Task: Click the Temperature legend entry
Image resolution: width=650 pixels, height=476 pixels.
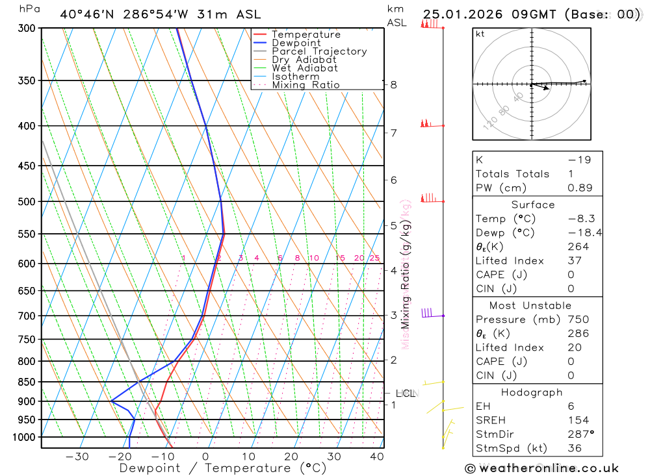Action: [x=305, y=34]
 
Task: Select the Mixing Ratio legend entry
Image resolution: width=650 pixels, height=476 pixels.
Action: [x=305, y=85]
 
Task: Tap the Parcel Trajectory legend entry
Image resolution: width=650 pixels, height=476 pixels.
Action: [x=319, y=51]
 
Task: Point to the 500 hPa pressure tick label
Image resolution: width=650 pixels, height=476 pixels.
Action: [x=27, y=202]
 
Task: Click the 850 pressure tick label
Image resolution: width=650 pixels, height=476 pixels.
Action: [x=27, y=382]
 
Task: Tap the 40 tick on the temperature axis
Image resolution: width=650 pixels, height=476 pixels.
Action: [x=375, y=457]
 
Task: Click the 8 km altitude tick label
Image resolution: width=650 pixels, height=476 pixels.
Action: [x=394, y=84]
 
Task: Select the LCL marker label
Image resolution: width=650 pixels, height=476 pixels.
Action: [x=406, y=394]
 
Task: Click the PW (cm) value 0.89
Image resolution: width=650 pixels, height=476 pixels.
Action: [x=580, y=188]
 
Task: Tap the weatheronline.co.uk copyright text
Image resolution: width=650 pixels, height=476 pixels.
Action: [x=542, y=468]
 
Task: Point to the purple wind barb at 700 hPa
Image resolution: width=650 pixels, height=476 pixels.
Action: [x=428, y=313]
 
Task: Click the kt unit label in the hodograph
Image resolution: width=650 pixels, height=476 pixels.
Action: [x=480, y=34]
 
